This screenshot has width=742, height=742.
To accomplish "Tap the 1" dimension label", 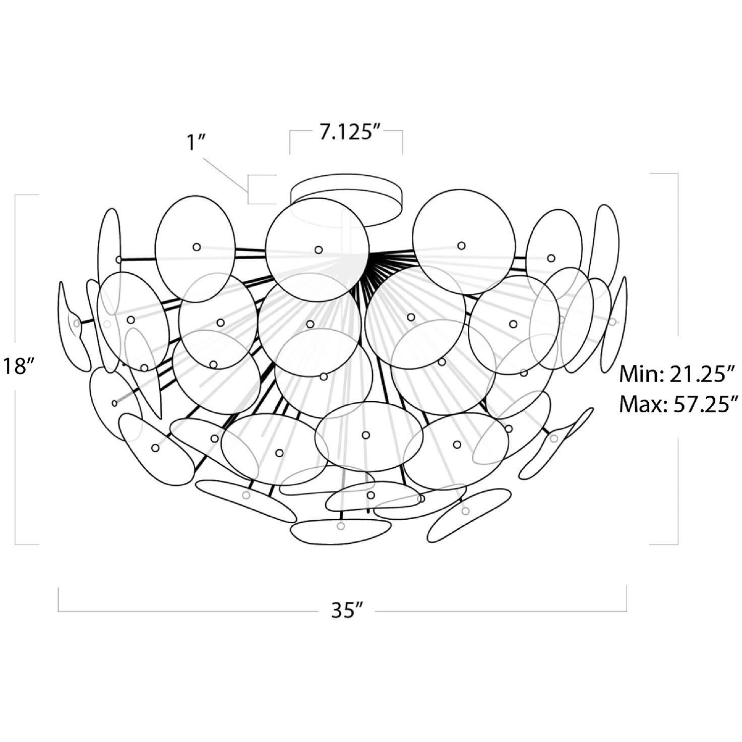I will tap(194, 143).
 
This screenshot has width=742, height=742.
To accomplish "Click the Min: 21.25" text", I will tap(675, 375).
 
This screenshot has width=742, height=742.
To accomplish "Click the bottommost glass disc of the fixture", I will tap(341, 532).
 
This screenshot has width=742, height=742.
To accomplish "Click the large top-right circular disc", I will tap(464, 242).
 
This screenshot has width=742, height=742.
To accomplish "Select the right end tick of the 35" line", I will tap(626, 599).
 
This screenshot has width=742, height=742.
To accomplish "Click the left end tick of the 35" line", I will tap(58, 599).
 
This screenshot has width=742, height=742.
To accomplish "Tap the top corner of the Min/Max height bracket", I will tap(677, 174).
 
